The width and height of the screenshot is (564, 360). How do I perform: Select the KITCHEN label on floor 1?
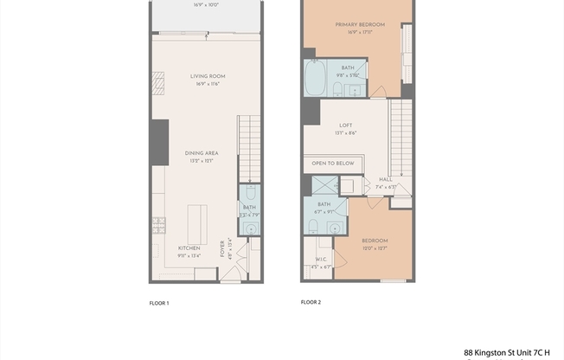189,247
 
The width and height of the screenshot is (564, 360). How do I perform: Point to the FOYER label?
222,250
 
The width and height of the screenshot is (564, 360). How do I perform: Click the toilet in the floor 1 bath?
250,195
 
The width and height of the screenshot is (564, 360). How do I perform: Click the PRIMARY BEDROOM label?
360,24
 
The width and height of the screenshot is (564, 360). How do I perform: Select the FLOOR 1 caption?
159,304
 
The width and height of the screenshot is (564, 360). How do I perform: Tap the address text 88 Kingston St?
506,353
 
